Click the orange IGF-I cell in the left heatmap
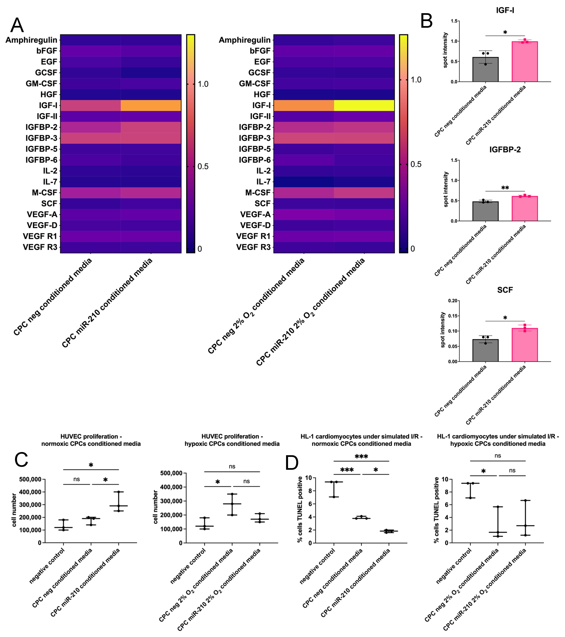click(x=151, y=105)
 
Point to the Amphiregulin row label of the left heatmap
click(x=31, y=40)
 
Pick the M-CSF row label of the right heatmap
click(x=258, y=193)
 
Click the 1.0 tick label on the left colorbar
click(x=203, y=84)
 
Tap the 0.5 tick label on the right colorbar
click(x=416, y=164)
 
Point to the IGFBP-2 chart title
click(x=505, y=150)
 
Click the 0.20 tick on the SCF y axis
click(x=453, y=301)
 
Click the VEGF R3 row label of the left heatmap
click(x=40, y=247)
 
